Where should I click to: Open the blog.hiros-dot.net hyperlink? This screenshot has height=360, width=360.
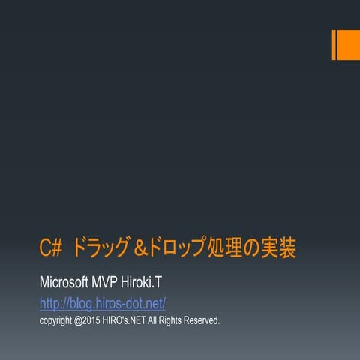point(102,303)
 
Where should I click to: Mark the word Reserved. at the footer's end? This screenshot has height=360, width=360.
point(208,320)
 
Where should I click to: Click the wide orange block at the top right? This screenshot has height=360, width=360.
point(348,45)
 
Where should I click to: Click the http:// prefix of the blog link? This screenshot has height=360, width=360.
point(51,303)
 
